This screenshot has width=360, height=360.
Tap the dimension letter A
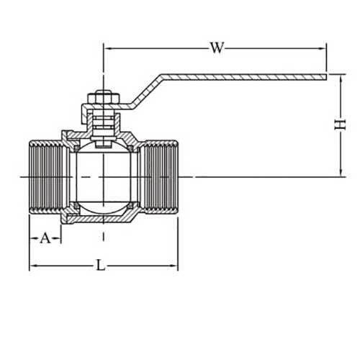tap(45, 238)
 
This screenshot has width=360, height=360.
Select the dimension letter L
tap(102, 266)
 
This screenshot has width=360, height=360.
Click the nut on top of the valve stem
tap(102, 97)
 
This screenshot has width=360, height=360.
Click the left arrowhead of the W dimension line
tap(107, 48)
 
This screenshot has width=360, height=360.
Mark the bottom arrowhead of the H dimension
tap(339, 173)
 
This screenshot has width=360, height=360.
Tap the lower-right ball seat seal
tap(130, 207)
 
